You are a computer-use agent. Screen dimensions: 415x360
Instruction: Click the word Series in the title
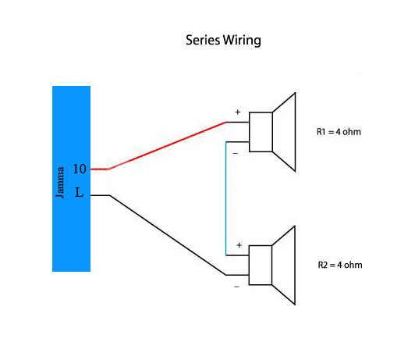[x=203, y=40]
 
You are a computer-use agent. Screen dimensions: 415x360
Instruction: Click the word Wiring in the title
[x=242, y=41]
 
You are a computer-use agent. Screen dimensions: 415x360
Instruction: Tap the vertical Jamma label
[x=60, y=182]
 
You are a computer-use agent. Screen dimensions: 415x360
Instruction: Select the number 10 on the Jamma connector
[x=80, y=169]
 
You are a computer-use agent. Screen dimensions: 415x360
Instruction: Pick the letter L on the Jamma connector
[x=79, y=192]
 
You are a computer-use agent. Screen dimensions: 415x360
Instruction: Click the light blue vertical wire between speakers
[x=225, y=198]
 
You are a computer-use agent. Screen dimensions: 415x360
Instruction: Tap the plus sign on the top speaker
[x=238, y=112]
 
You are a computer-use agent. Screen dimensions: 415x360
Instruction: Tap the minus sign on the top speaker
[x=236, y=153]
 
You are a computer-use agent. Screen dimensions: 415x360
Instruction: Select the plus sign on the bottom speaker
[x=239, y=245]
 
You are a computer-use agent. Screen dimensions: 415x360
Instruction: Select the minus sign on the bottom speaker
[x=236, y=287]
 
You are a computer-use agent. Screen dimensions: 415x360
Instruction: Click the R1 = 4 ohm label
[x=339, y=132]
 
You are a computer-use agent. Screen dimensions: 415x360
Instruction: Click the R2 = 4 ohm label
[x=340, y=265]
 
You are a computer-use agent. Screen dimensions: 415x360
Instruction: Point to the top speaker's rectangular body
[x=261, y=132]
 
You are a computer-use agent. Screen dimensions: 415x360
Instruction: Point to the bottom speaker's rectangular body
[x=261, y=266]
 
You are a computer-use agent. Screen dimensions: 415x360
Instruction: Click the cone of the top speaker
[x=284, y=132]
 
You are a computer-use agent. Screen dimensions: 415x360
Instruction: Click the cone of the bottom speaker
[x=284, y=266]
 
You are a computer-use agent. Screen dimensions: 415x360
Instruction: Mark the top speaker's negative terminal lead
[x=237, y=142]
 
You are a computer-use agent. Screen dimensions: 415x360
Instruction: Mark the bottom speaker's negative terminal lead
[x=237, y=275]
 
